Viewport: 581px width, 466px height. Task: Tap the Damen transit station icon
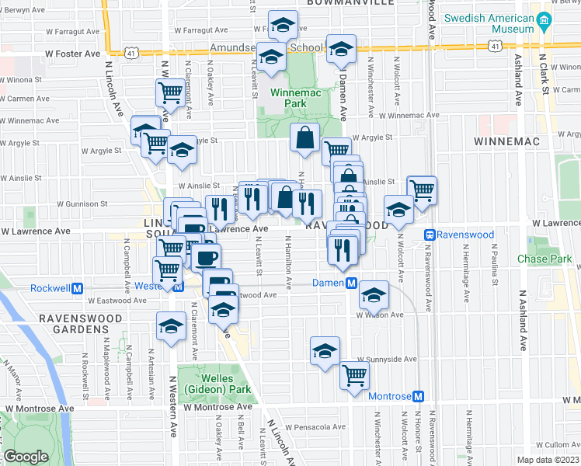(352, 283)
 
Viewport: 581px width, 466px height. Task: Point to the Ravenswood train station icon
(428, 234)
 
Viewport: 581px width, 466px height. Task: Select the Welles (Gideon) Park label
(206, 384)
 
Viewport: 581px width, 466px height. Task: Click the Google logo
(26, 457)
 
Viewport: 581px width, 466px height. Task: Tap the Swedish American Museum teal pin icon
(544, 22)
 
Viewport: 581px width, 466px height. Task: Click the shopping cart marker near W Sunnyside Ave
(354, 375)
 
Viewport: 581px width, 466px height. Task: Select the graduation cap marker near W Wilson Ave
(374, 294)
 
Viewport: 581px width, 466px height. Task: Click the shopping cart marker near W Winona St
(169, 92)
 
